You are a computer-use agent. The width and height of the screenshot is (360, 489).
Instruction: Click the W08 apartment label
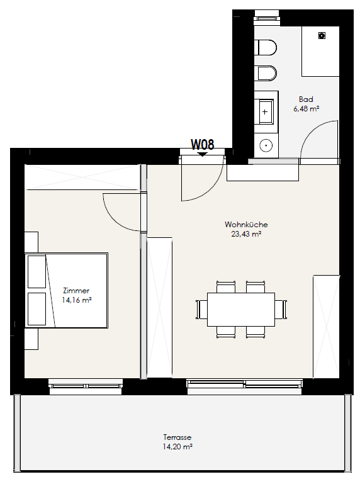coord(203,144)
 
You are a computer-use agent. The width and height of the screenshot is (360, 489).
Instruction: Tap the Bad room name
coord(306,99)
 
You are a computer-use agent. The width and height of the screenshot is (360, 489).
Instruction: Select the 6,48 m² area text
coord(306,109)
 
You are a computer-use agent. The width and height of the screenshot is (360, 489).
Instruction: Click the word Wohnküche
coord(246,225)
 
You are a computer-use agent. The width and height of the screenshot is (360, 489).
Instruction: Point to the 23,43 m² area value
coord(246,234)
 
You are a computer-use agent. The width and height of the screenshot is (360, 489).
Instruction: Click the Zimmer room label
coord(76,291)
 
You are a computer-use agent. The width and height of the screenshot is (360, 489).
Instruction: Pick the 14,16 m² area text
coord(76,300)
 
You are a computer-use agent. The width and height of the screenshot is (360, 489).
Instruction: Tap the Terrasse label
coord(177,437)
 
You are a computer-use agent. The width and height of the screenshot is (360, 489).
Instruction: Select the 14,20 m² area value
coord(177,447)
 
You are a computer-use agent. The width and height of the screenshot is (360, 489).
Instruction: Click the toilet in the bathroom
coord(266,48)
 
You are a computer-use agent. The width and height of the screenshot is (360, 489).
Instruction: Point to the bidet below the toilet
coord(266,73)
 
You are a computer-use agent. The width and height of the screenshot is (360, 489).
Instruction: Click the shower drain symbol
coord(322,35)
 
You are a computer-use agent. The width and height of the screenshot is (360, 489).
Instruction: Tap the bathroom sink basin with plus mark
coord(264,111)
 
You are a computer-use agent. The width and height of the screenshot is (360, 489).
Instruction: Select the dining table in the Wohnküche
coord(241,310)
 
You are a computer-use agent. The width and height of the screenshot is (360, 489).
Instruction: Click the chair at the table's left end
coord(201,310)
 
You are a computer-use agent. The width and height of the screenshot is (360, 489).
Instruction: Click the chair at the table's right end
coord(281,310)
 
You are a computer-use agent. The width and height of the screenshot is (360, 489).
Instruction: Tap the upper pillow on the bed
coord(37,272)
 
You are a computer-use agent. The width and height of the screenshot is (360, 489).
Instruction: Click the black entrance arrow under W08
coord(203,154)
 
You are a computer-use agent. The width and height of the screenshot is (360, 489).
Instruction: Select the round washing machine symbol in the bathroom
coord(266,145)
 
